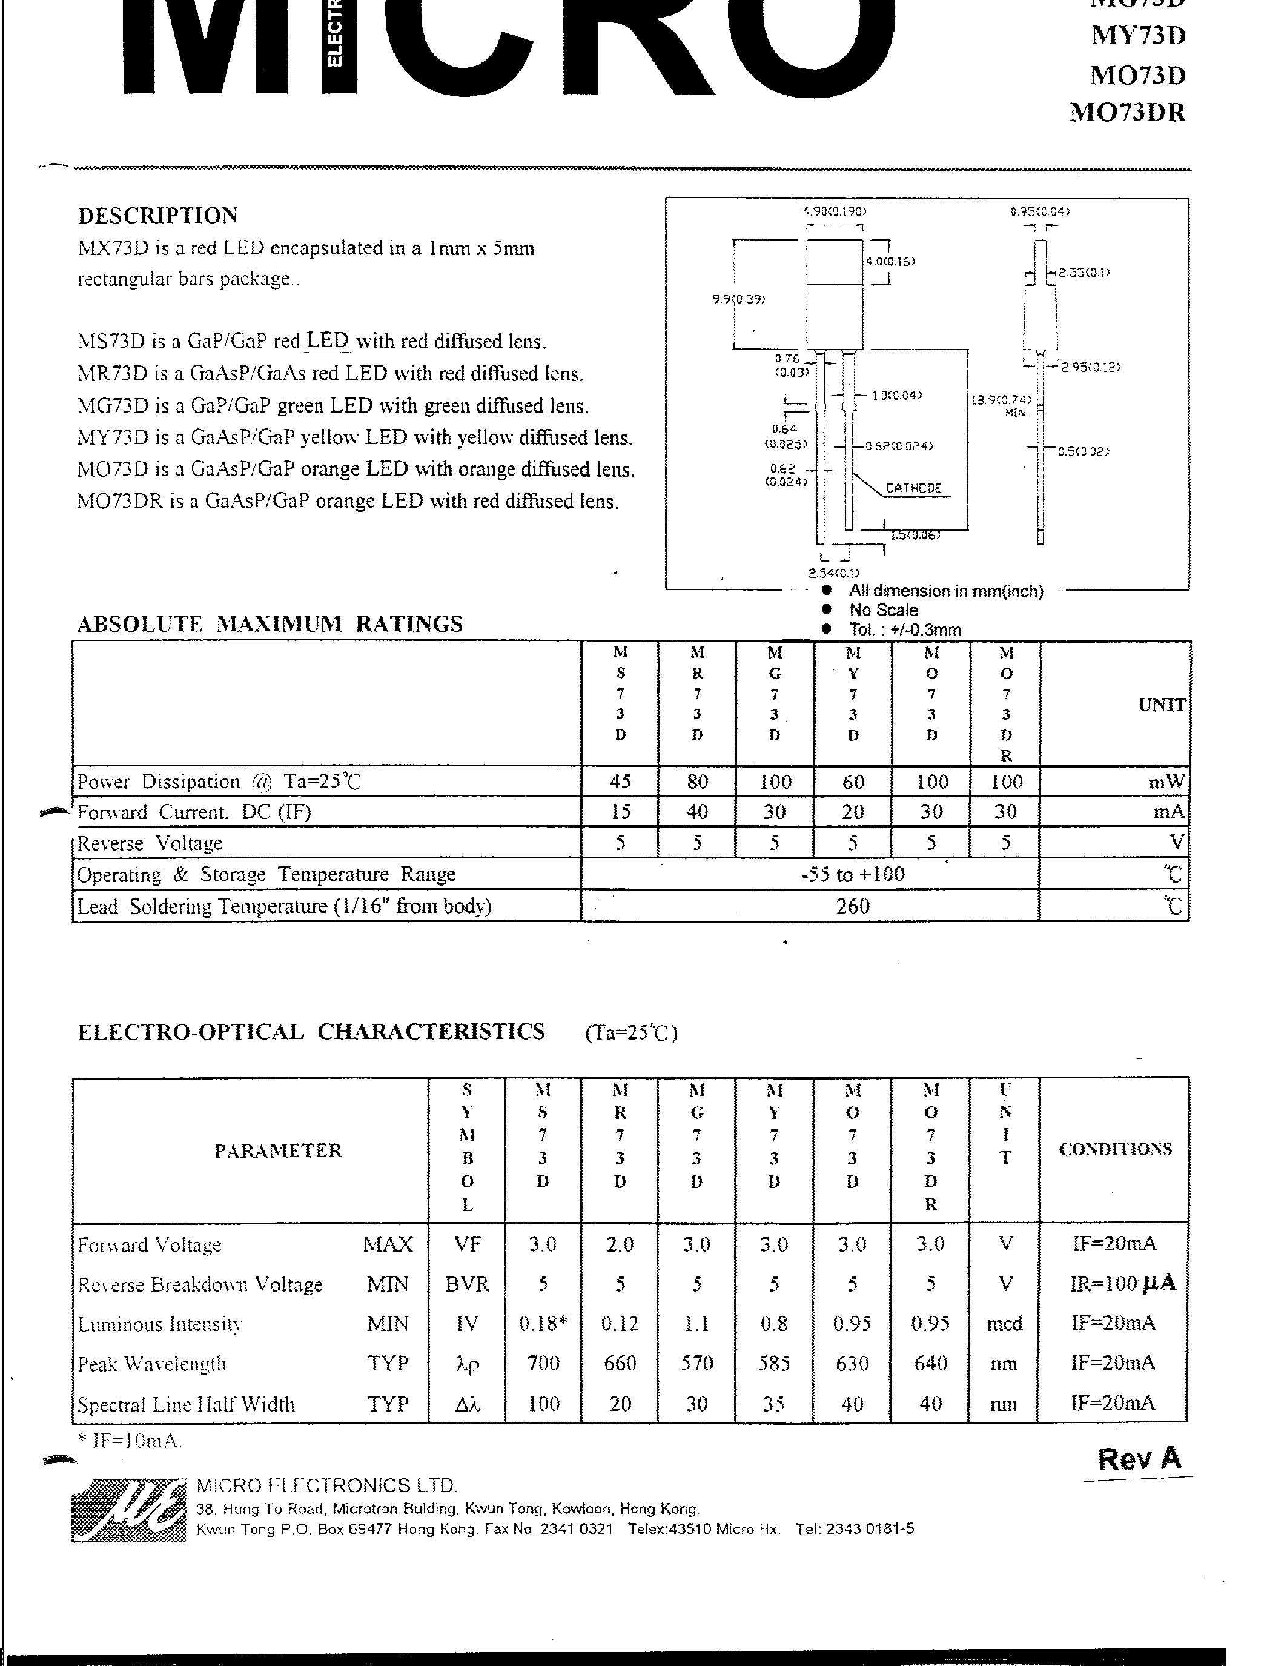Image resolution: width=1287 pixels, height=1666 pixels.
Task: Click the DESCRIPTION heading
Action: tap(158, 216)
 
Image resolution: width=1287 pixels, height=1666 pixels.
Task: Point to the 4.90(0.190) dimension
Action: tap(835, 211)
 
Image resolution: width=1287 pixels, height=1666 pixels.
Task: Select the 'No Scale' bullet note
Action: tap(883, 610)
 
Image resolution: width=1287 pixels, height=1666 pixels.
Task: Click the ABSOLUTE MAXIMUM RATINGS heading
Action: tap(270, 624)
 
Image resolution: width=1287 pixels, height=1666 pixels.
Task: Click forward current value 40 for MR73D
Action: tap(698, 812)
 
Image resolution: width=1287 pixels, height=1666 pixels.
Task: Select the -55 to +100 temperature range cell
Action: tap(852, 874)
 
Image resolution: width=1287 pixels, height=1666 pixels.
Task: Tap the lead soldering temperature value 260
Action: tap(852, 906)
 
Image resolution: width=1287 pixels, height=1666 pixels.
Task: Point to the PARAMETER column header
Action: tap(278, 1150)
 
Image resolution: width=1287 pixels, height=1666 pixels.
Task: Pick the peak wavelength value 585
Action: tap(774, 1363)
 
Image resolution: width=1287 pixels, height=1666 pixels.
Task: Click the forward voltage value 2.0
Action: tap(620, 1244)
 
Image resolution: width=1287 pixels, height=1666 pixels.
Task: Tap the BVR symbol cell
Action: tap(466, 1284)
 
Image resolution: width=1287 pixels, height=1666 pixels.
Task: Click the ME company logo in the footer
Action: tap(128, 1509)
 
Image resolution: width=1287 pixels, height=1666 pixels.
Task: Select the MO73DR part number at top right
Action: tap(1128, 113)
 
